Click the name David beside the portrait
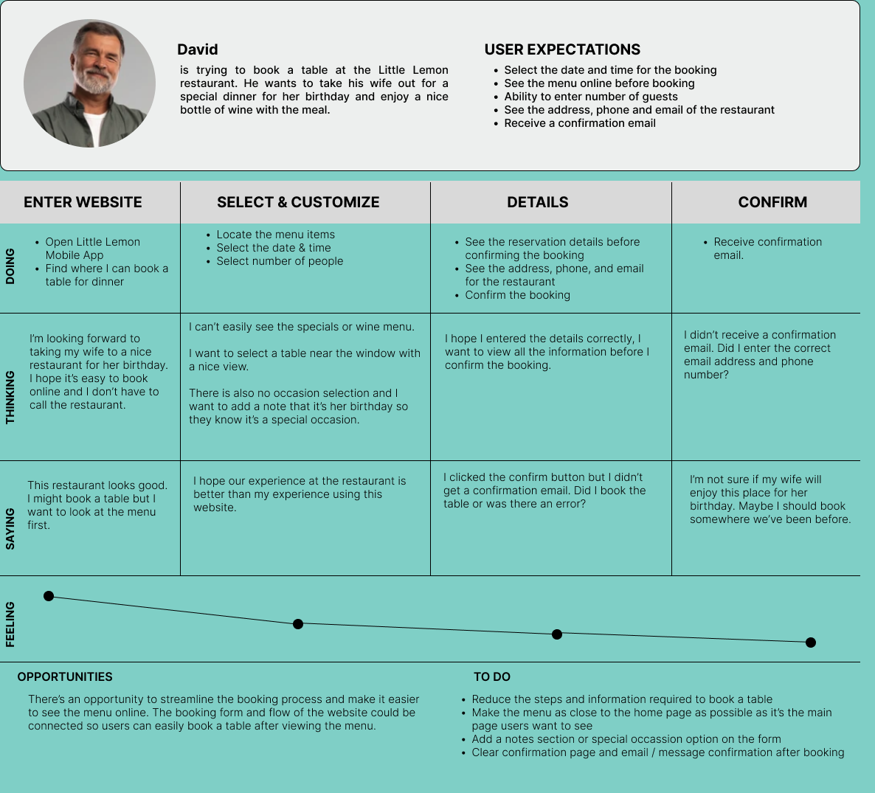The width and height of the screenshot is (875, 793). click(x=197, y=49)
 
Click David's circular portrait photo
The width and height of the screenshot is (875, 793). click(x=89, y=83)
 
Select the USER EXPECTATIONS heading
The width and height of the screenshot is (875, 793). click(x=562, y=49)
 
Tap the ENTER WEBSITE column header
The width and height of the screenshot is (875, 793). click(x=83, y=202)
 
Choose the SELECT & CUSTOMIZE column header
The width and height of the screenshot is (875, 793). click(x=298, y=202)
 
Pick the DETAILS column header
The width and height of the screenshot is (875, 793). click(x=537, y=202)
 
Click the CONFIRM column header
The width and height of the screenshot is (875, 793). click(x=772, y=202)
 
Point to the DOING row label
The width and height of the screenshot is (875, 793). click(x=10, y=266)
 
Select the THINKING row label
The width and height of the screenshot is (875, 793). click(x=10, y=397)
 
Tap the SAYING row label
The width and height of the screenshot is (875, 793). click(x=10, y=528)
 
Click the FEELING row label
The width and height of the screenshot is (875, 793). click(x=10, y=624)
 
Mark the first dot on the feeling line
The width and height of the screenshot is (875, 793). click(x=49, y=596)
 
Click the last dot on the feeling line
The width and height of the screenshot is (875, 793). click(x=811, y=643)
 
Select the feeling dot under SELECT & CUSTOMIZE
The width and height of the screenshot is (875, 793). click(x=298, y=624)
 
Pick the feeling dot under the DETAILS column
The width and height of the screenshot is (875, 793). click(x=557, y=634)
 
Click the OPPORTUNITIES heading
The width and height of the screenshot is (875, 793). click(x=65, y=676)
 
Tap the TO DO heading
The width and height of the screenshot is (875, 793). click(x=492, y=676)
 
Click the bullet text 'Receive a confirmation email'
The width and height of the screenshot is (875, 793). click(x=580, y=123)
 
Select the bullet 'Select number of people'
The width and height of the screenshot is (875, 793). click(x=280, y=261)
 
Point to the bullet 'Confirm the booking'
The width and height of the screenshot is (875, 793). click(x=517, y=295)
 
